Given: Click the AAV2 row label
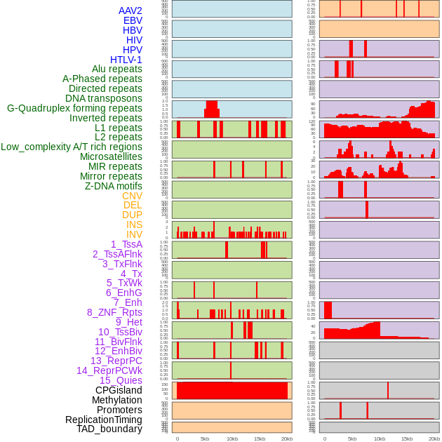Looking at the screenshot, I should pyautogui.click(x=130, y=11).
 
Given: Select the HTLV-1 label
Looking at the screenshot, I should pyautogui.click(x=126, y=60).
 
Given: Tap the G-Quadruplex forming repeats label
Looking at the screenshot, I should pyautogui.click(x=74, y=108).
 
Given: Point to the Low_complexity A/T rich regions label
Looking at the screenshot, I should pyautogui.click(x=72, y=147).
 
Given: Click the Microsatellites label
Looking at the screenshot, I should pyautogui.click(x=111, y=156).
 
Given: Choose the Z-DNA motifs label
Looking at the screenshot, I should pyautogui.click(x=114, y=186).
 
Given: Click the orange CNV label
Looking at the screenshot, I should pyautogui.click(x=132, y=196).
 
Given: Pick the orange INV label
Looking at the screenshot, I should pyautogui.click(x=134, y=234).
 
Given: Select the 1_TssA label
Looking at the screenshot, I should pyautogui.click(x=126, y=244).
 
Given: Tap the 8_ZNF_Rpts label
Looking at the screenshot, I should pyautogui.click(x=114, y=312).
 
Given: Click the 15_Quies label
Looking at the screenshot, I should pyautogui.click(x=121, y=380).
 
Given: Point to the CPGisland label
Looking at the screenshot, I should pyautogui.click(x=119, y=390).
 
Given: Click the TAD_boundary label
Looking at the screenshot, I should pyautogui.click(x=109, y=429).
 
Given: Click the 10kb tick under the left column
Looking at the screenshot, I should pyautogui.click(x=232, y=438).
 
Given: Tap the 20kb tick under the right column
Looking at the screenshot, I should pyautogui.click(x=434, y=438).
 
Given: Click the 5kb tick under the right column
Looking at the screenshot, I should pyautogui.click(x=351, y=438).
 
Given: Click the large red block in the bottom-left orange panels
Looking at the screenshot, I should pyautogui.click(x=232, y=391).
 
